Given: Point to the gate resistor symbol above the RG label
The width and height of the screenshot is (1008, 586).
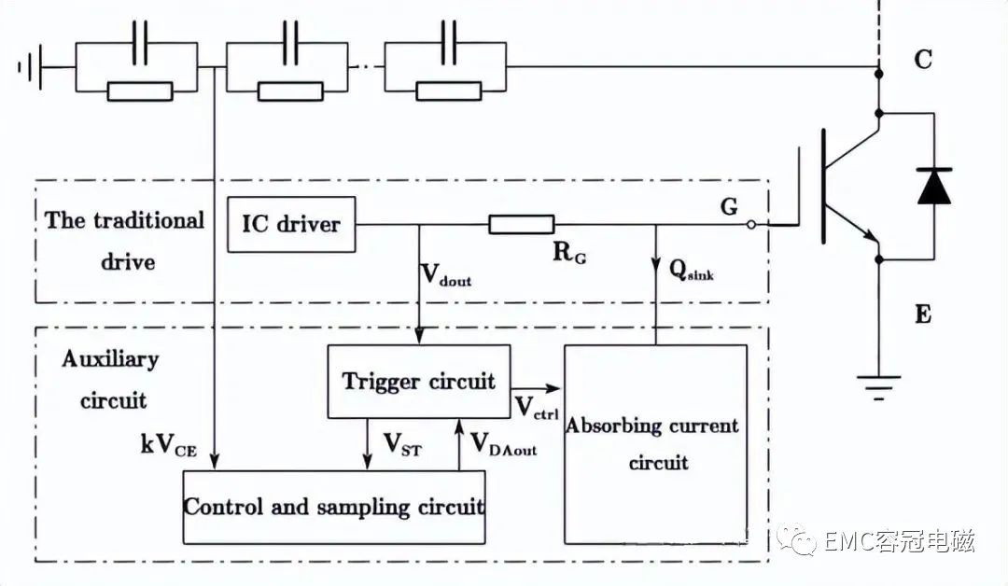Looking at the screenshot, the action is point(522,224).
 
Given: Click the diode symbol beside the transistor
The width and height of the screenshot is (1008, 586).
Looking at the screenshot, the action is point(933,186).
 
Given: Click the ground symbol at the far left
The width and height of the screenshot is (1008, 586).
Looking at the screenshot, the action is point(31,66).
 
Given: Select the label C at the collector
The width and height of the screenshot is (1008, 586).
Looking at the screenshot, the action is point(923,59).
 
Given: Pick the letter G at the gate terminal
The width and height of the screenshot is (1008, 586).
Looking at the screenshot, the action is point(729,206).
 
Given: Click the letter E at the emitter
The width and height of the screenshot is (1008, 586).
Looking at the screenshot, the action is point(923,314).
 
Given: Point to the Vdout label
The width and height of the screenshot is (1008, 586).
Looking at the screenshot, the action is point(446,275).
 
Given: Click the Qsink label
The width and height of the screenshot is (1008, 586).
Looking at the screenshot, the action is point(691,270).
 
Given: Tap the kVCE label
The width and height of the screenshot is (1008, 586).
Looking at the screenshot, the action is point(168,445).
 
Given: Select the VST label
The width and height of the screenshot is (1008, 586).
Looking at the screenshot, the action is point(402,444).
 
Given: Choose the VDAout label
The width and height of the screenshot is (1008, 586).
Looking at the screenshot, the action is point(504,444).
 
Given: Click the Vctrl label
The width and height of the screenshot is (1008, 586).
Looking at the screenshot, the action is point(537,408).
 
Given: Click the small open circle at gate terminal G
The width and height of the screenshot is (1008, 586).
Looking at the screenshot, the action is point(750,225).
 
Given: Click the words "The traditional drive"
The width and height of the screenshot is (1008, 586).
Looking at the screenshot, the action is point(125,241).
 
